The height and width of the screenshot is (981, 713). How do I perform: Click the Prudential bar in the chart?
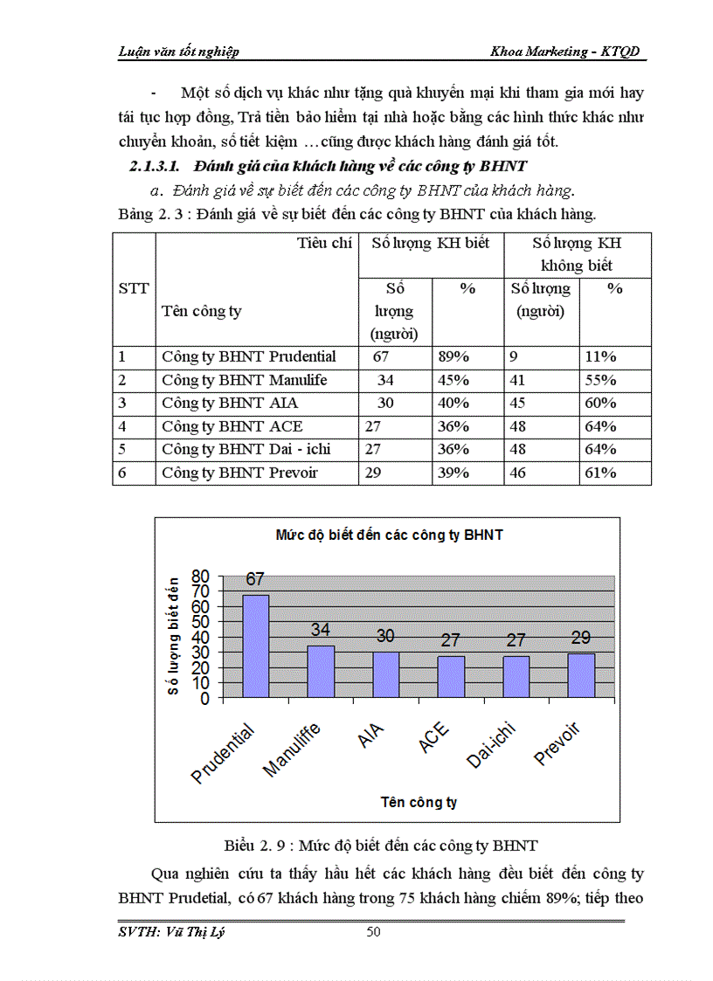tap(255, 646)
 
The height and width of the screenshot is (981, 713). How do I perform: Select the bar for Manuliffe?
tap(320, 672)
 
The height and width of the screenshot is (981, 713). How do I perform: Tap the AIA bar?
tap(385, 674)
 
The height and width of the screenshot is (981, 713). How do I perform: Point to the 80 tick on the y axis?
tap(201, 576)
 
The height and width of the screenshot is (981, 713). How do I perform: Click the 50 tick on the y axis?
tap(201, 622)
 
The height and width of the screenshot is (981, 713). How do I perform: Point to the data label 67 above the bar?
tap(255, 579)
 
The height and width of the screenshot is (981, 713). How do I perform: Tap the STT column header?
tap(133, 288)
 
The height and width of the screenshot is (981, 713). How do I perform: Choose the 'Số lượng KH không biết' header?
tap(577, 254)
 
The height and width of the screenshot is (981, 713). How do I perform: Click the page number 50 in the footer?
tap(373, 932)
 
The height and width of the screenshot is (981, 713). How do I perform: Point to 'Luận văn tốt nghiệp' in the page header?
tap(178, 52)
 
